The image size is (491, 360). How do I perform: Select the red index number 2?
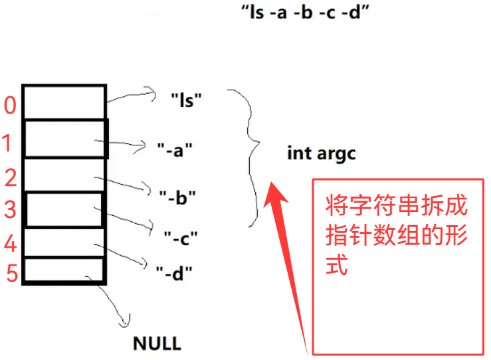pyautogui.click(x=10, y=177)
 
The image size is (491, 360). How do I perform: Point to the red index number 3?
pyautogui.click(x=10, y=209)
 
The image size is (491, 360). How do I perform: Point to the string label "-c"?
pyautogui.click(x=181, y=236)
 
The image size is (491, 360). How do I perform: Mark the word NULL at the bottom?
pyautogui.click(x=157, y=343)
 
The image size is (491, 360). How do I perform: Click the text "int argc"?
pyautogui.click(x=322, y=153)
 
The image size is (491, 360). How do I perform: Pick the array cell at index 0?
pyautogui.click(x=64, y=102)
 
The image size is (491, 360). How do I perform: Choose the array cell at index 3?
pyautogui.click(x=64, y=209)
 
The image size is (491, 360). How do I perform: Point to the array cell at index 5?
pyautogui.click(x=64, y=270)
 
